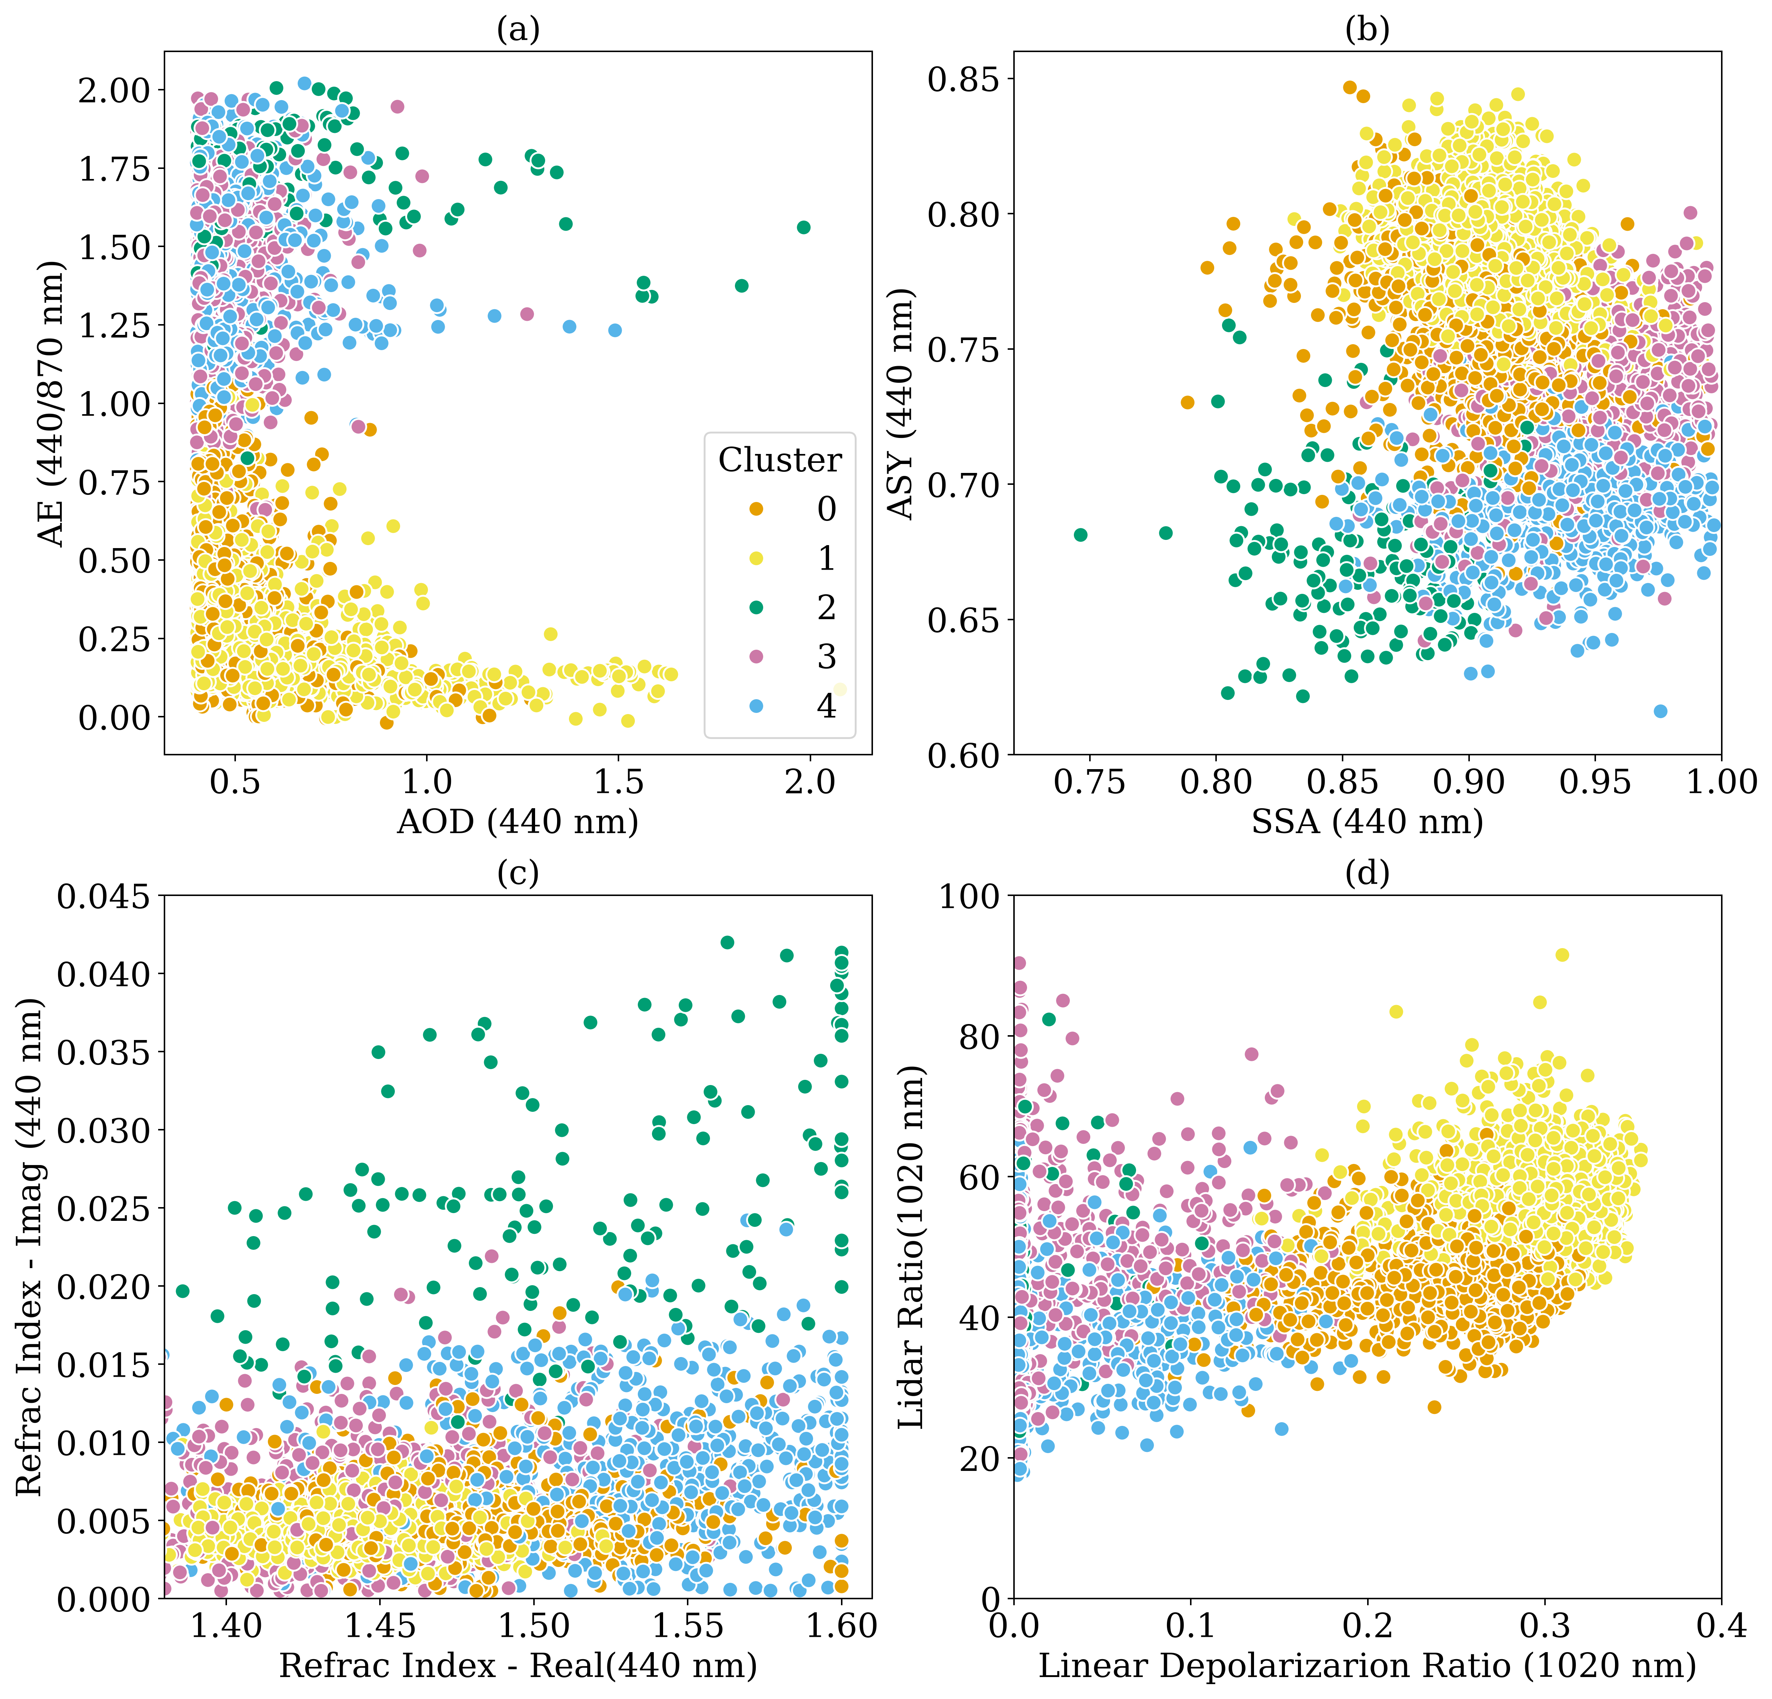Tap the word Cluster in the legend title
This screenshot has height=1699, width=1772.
tap(779, 460)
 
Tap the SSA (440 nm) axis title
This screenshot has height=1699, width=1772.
tap(1367, 821)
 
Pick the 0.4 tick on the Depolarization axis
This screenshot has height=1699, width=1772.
tap(1721, 1625)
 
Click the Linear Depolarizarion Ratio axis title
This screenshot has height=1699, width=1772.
tap(1367, 1665)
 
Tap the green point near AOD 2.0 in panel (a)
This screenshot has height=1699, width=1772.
tap(803, 227)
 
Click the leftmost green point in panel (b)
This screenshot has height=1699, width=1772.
tap(1079, 534)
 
